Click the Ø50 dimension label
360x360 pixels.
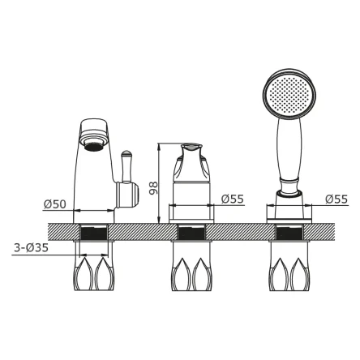click(x=55, y=204)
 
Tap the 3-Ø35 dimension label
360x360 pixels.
click(x=31, y=247)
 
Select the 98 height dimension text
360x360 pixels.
click(x=153, y=188)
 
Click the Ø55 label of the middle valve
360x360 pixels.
click(x=233, y=199)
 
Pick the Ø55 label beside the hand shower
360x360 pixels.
click(x=336, y=199)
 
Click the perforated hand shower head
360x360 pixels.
click(x=289, y=93)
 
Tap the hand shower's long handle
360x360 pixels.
click(x=289, y=149)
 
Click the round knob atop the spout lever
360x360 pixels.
click(x=126, y=154)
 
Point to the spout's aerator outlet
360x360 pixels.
click(x=93, y=146)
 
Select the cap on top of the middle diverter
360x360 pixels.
click(x=191, y=147)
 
